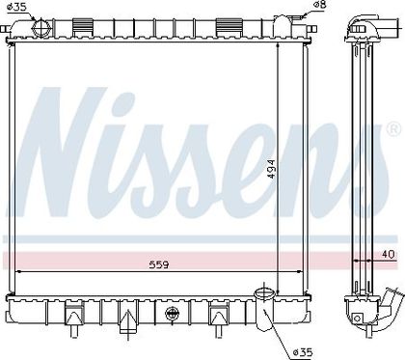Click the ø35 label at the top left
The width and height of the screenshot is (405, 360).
coord(17,7)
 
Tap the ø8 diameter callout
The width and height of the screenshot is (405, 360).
coord(320,5)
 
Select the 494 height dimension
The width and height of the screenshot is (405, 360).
coord(271,170)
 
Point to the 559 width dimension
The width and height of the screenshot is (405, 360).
coord(159,264)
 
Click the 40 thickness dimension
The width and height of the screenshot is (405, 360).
coord(389,255)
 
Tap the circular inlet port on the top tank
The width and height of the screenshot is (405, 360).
coord(40,27)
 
